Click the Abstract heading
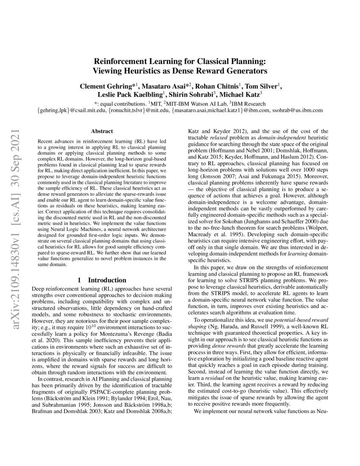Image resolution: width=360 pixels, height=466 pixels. point(102,132)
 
